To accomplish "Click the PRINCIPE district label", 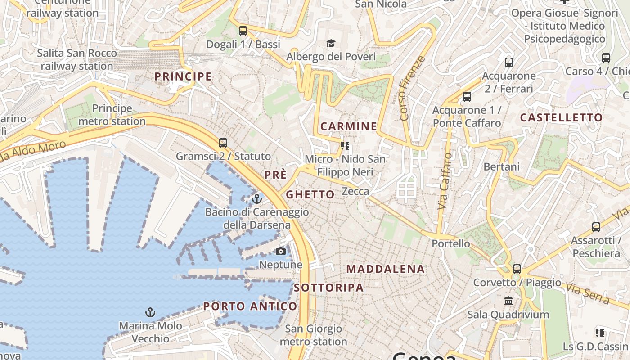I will pos(183,76).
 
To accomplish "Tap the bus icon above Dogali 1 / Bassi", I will pos(243,31).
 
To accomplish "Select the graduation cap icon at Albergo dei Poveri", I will pos(331,44).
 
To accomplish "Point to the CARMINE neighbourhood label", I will pos(349,126).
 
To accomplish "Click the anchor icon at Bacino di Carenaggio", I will pos(257,198).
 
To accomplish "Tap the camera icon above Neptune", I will pos(281,251).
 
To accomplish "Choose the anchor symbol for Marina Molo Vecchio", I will pos(150,312).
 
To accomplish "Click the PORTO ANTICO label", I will pos(250,306).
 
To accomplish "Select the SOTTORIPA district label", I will pos(328,288).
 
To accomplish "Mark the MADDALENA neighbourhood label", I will pos(386,269).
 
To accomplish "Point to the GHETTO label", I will pos(310,195).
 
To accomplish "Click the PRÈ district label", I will pos(275,175).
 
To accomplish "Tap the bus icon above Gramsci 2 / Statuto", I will pos(223,143).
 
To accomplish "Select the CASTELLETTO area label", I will pos(561,118).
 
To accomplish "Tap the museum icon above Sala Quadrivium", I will pos(508,301).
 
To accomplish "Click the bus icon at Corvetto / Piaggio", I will pos(517,269).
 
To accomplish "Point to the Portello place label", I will pos(451,243).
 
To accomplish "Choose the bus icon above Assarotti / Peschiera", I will pos(596,227).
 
